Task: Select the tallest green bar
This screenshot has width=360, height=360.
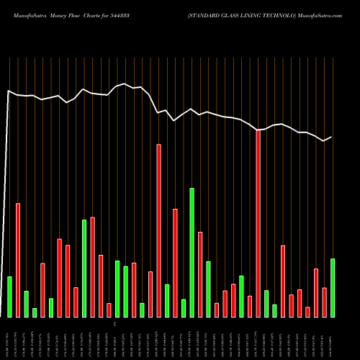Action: (x=192, y=252)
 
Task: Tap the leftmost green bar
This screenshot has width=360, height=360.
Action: (x=9, y=297)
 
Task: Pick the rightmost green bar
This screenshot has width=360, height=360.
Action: (x=333, y=287)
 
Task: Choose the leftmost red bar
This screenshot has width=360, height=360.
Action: (x=18, y=260)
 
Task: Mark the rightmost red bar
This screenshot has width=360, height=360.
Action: (x=324, y=302)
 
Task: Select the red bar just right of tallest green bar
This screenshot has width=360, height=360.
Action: (x=200, y=274)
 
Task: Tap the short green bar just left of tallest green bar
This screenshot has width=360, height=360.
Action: (x=184, y=307)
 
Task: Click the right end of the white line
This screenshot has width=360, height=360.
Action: (x=331, y=137)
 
